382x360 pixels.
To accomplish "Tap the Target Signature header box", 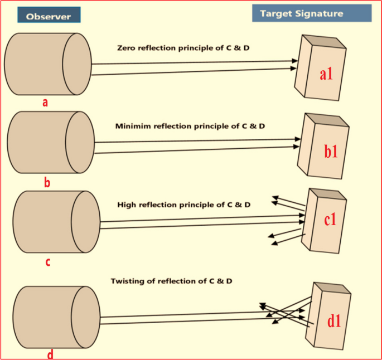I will (311, 13).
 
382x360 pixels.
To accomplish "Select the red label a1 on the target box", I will (326, 74).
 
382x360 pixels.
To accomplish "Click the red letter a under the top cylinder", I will (45, 103).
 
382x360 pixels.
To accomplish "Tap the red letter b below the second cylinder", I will (47, 182).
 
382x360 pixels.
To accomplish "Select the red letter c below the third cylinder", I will (47, 261).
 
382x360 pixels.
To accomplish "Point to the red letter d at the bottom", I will (51, 354).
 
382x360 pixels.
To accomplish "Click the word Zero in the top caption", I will (127, 48).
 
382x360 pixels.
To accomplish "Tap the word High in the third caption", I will (127, 205).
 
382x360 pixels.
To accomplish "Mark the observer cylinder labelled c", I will (56, 221).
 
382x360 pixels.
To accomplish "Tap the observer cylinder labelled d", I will (56, 317).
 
